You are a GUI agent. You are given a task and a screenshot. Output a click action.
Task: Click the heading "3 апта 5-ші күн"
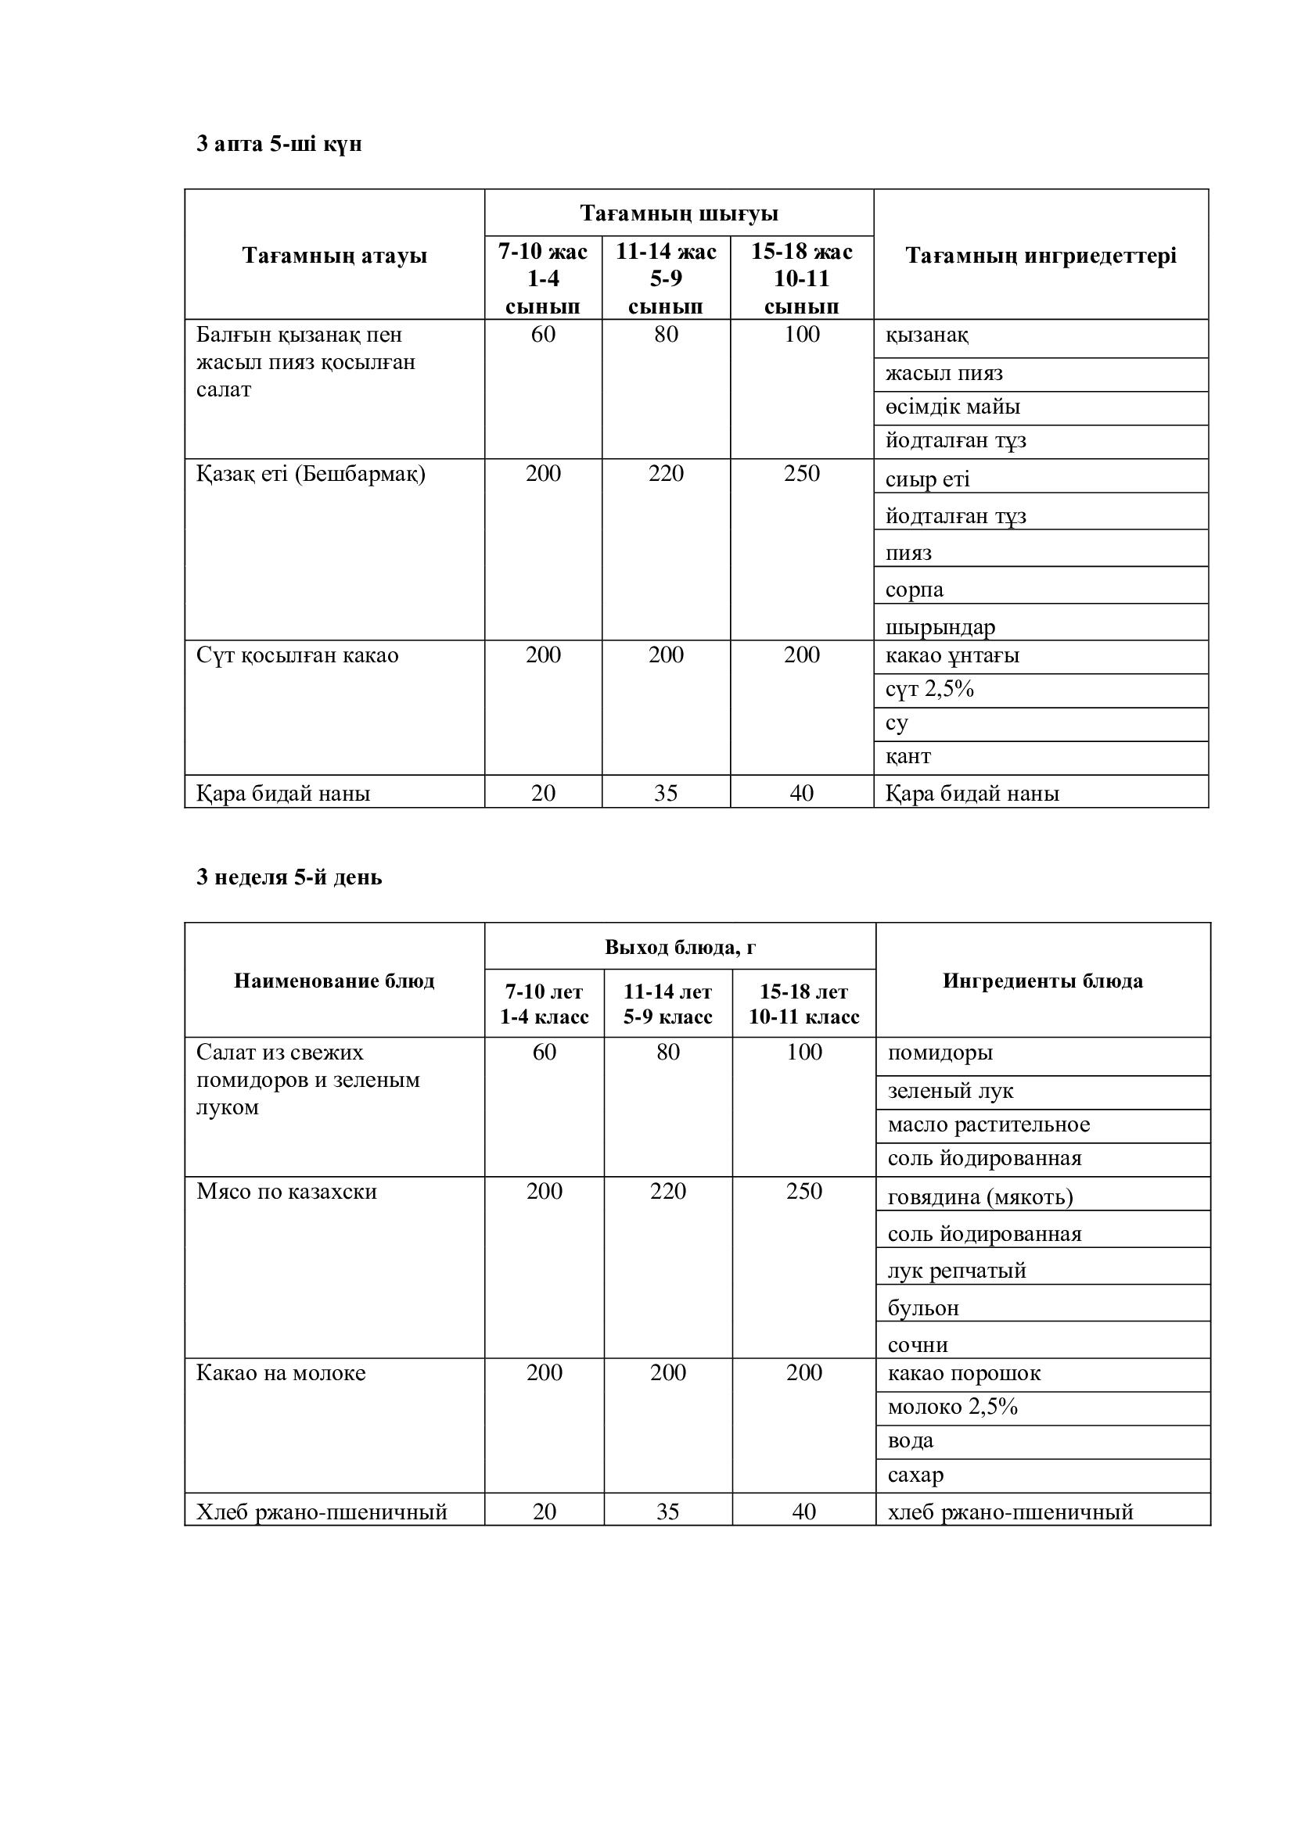(x=279, y=144)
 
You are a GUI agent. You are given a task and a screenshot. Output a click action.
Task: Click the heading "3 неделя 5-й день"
(x=289, y=877)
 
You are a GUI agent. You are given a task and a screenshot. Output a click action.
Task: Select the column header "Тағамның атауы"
(x=335, y=256)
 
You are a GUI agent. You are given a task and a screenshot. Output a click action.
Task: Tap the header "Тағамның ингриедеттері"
(x=1041, y=256)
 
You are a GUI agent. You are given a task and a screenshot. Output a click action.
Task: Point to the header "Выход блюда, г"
(x=680, y=947)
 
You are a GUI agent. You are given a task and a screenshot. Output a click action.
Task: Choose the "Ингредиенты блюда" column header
(x=1042, y=981)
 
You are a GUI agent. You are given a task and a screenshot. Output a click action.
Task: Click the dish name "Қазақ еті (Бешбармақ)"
(x=311, y=474)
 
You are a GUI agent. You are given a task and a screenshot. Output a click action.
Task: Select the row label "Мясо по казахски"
(x=287, y=1192)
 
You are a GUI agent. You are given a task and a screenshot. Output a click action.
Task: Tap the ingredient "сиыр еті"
(x=928, y=479)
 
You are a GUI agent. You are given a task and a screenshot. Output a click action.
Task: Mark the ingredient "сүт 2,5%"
(x=930, y=689)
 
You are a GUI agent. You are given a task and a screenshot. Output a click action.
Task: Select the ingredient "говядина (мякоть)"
(x=980, y=1196)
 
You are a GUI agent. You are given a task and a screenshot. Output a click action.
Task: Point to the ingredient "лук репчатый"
(x=957, y=1271)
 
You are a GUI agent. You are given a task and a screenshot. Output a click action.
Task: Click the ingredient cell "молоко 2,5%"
(x=953, y=1407)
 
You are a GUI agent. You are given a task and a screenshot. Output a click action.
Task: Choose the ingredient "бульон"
(x=923, y=1308)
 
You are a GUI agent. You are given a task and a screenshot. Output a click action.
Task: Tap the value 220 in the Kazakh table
(x=666, y=474)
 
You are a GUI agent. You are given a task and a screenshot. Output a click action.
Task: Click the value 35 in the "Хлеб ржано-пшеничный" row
(x=667, y=1512)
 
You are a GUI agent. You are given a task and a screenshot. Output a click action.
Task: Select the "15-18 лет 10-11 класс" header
(x=804, y=1004)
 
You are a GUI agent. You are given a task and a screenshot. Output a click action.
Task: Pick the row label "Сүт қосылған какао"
(x=297, y=655)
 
